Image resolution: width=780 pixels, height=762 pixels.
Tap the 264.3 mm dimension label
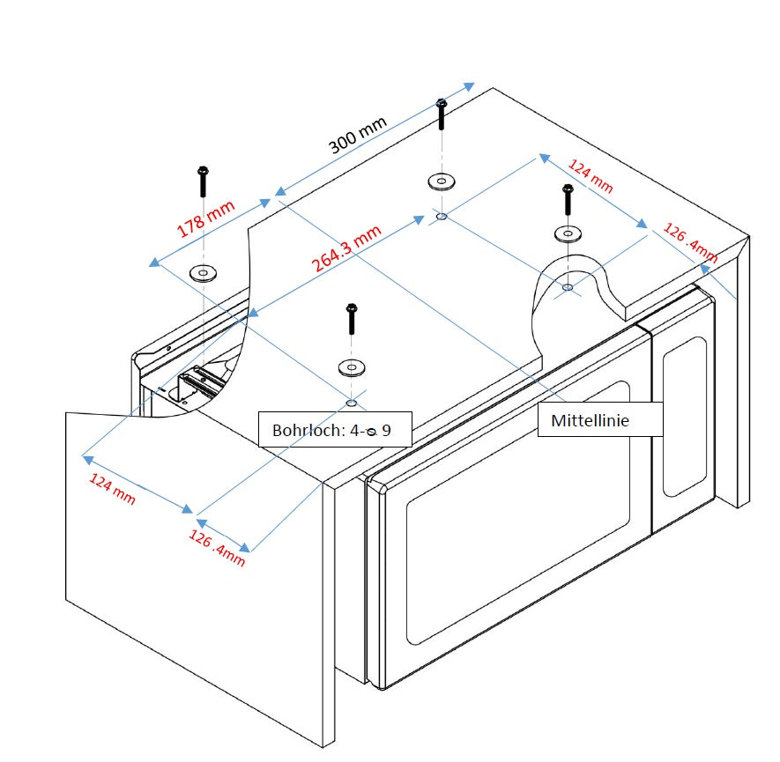(x=346, y=249)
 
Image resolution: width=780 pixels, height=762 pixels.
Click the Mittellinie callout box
(x=590, y=421)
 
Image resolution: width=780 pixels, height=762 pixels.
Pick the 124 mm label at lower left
(x=113, y=488)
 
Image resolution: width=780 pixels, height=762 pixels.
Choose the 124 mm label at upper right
(x=590, y=176)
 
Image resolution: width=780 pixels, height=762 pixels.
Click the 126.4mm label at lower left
(x=217, y=548)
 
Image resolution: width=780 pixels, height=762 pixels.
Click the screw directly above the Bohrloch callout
(x=352, y=318)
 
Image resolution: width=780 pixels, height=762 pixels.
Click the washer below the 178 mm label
(x=204, y=273)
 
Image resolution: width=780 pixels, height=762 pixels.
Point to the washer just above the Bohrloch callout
(x=351, y=366)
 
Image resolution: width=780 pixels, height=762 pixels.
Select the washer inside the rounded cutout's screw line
(x=568, y=234)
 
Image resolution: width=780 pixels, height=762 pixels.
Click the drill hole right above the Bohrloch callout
(x=351, y=403)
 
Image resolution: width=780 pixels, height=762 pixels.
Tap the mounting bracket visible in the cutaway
(x=201, y=381)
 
